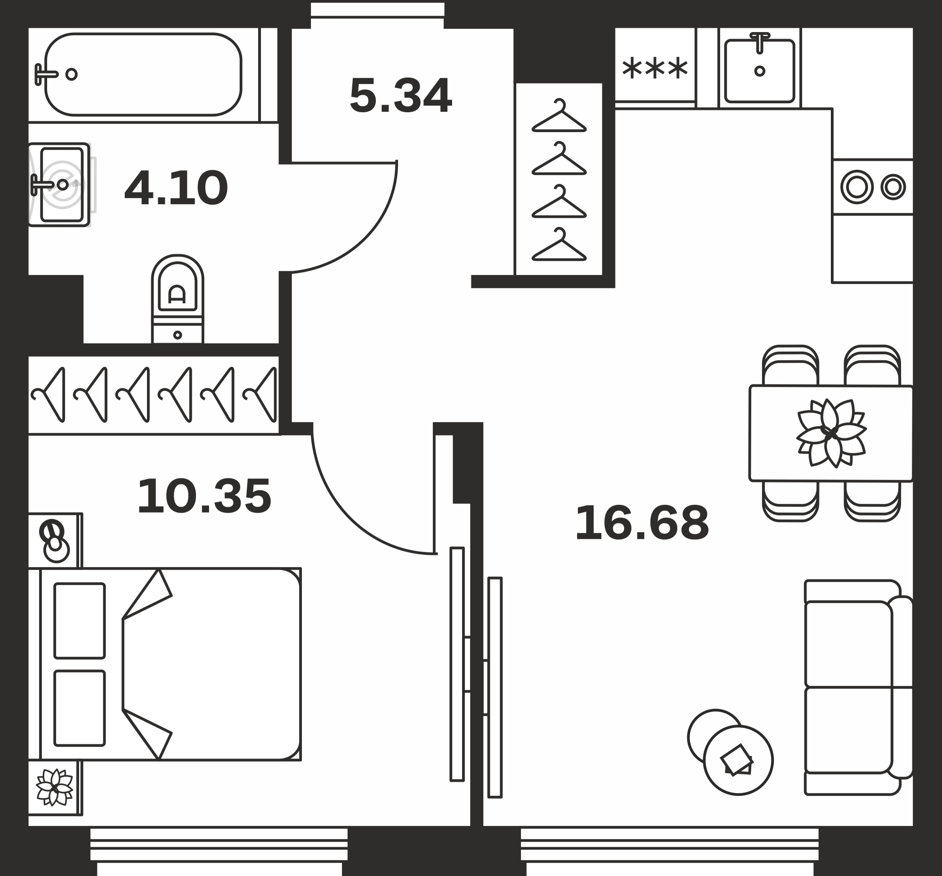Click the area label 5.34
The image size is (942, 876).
click(401, 95)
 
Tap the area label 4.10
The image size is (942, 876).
click(176, 188)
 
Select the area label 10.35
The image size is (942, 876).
click(204, 496)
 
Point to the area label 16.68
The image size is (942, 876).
click(642, 522)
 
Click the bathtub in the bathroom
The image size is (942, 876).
click(143, 74)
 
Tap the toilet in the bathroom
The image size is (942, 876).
click(178, 299)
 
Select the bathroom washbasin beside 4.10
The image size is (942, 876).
click(59, 184)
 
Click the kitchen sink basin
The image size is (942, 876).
click(760, 71)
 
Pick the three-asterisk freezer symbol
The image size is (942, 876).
click(655, 68)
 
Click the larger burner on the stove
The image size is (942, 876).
click(857, 187)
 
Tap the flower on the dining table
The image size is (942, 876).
click(831, 433)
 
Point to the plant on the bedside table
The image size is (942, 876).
click(55, 787)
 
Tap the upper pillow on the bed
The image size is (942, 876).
click(80, 620)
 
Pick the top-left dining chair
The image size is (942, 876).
click(790, 365)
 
